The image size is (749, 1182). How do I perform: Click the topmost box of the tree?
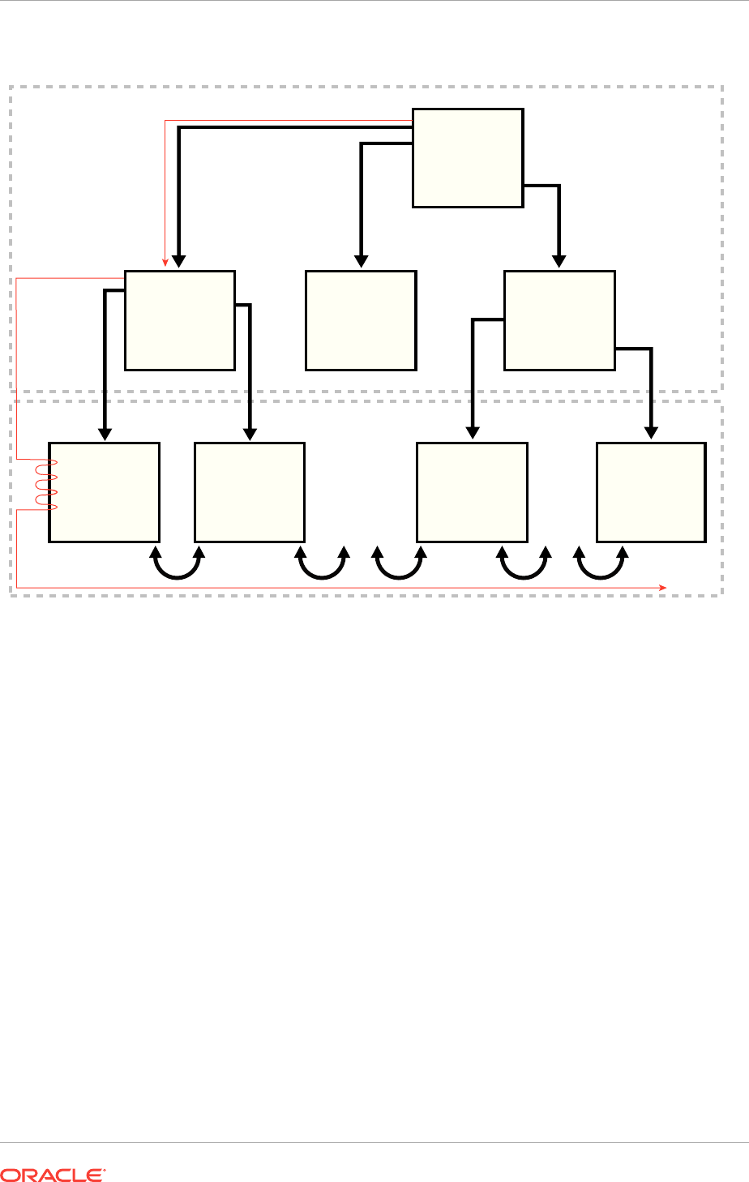(468, 158)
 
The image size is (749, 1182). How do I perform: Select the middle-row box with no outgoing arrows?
(361, 320)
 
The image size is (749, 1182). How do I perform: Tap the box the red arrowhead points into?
(180, 320)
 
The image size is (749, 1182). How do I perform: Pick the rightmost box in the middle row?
(559, 320)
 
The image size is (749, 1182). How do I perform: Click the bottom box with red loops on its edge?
(104, 492)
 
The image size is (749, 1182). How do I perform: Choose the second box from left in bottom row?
(250, 492)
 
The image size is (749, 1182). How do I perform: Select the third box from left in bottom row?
(472, 492)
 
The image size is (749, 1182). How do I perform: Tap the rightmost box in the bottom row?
(651, 492)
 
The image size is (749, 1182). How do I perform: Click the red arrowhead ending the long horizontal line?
(662, 587)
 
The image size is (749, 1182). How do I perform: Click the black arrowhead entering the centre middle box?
(362, 261)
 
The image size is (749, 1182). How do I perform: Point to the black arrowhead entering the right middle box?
(559, 261)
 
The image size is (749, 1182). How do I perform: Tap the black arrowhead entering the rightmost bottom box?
(651, 434)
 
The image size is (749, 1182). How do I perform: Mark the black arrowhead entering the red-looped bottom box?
(105, 434)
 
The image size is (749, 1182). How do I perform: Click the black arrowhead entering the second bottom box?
(250, 434)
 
